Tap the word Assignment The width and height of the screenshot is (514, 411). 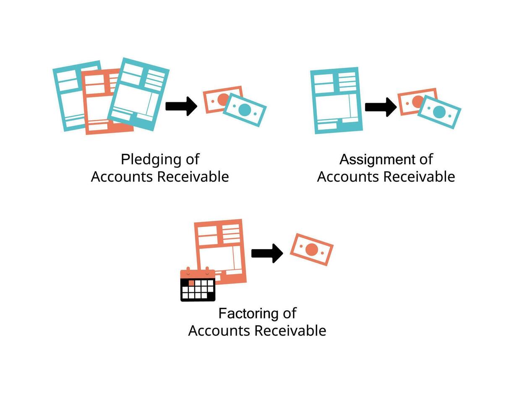[374, 160]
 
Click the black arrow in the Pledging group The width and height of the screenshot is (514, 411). [182, 106]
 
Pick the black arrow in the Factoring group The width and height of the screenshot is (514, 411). [267, 253]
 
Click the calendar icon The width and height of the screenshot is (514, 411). [198, 285]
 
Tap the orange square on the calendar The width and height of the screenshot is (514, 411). [191, 283]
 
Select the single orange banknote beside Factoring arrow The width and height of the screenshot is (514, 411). [312, 250]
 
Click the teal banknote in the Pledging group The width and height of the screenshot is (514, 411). [245, 110]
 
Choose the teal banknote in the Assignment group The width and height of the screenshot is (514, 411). [439, 112]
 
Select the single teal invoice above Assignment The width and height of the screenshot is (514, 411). [336, 101]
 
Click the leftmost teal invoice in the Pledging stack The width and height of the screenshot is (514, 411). [67, 96]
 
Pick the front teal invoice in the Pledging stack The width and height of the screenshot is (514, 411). [138, 94]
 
